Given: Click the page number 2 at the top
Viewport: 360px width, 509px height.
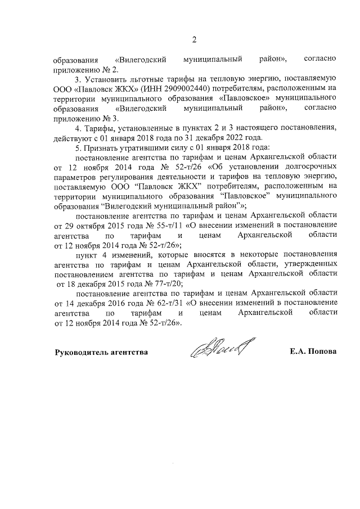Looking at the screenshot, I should [195, 39].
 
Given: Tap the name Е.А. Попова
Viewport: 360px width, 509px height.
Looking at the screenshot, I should [313, 352].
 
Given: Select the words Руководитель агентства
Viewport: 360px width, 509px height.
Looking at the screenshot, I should [101, 352].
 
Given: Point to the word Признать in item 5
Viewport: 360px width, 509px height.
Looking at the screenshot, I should [100, 148].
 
